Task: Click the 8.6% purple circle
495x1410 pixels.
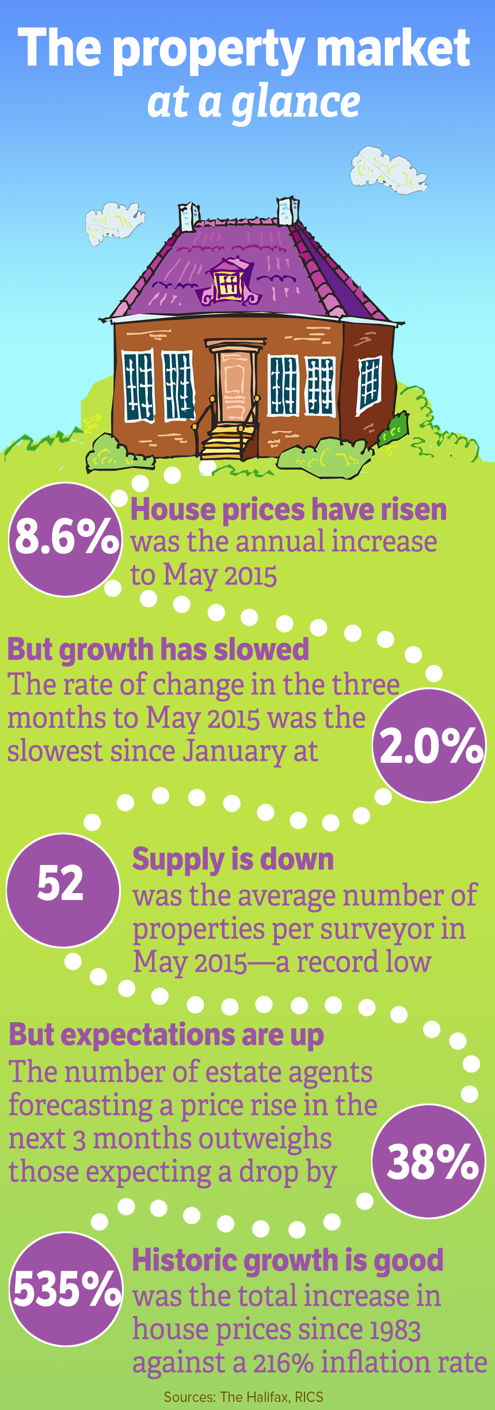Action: (66, 539)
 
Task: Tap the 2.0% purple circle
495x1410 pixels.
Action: (429, 744)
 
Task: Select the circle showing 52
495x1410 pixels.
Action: (62, 890)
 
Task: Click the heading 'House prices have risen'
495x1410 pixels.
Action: (288, 510)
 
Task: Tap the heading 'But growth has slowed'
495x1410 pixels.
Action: (158, 649)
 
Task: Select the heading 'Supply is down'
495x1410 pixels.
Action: (233, 859)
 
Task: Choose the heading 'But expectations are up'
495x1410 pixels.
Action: (166, 1034)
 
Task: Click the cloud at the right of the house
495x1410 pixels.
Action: (387, 168)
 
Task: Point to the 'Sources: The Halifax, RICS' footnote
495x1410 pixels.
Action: (243, 1397)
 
